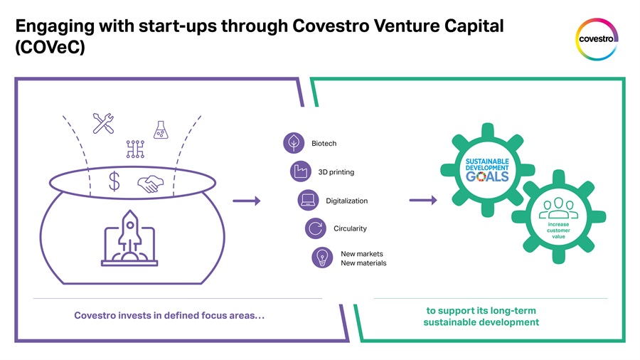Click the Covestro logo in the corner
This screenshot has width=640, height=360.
click(597, 39)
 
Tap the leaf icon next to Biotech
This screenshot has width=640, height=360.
click(294, 143)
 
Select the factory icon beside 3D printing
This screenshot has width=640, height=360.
click(301, 171)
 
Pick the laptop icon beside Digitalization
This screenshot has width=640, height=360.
click(308, 200)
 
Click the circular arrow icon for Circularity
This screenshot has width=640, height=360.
click(316, 228)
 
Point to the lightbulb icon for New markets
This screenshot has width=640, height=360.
click(322, 258)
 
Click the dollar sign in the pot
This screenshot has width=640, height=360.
click(114, 181)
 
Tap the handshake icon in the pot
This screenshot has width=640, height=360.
click(150, 184)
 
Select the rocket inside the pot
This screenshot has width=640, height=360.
click(130, 235)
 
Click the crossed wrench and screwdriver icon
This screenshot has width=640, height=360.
click(103, 123)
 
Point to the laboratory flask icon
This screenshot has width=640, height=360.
click(161, 130)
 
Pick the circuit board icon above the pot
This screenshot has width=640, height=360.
click(135, 149)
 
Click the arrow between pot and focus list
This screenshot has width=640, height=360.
click(247, 201)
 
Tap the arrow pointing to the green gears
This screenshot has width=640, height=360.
click(423, 200)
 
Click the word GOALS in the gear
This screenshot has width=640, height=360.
click(487, 176)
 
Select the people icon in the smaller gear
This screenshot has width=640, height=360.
click(558, 208)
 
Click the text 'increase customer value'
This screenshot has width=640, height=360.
click(558, 231)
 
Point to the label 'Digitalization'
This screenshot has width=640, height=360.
click(346, 201)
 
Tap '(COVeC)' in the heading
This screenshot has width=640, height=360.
click(50, 47)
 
